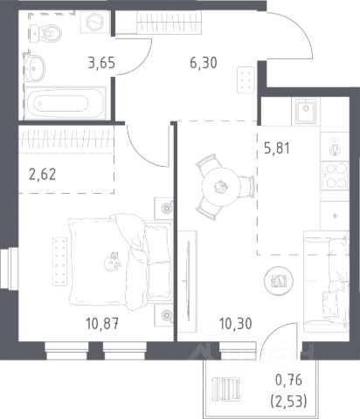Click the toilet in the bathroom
click(45, 33)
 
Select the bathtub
click(65, 103)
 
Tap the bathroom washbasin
click(34, 68)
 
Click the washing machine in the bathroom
click(95, 22)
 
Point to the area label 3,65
click(101, 63)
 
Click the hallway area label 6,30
click(204, 63)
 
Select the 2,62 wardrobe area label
click(43, 175)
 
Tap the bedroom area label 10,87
click(102, 323)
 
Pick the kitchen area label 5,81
click(277, 148)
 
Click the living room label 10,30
click(235, 323)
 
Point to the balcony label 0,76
click(288, 381)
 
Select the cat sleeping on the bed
click(113, 261)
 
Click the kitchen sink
click(306, 111)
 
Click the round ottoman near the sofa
click(279, 281)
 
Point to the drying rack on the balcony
click(226, 388)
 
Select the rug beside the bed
click(60, 261)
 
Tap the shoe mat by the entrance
click(246, 79)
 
